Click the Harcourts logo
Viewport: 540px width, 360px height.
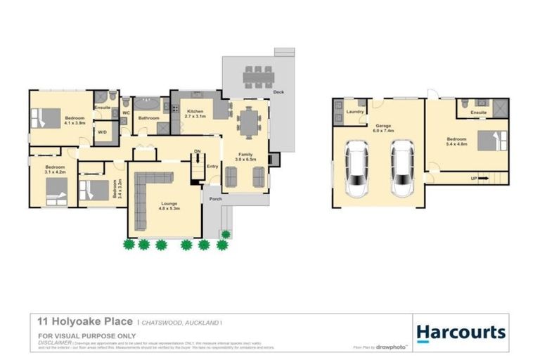461,332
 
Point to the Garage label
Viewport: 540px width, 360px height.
382,126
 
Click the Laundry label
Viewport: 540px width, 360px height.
354,112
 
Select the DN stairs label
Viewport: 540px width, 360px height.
198,150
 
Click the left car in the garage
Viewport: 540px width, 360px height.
357,168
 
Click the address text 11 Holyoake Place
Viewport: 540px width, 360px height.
84,321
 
